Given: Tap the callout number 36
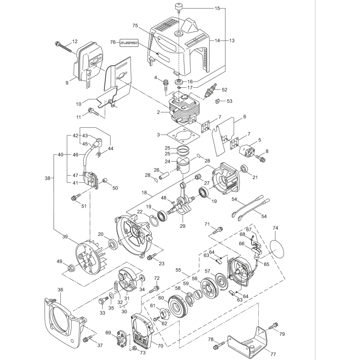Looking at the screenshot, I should (x=60, y=290).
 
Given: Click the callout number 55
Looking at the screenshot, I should (x=178, y=270).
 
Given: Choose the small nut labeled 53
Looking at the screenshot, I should (x=217, y=101).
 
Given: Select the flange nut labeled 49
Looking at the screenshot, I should (x=71, y=269).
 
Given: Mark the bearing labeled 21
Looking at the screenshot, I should (x=244, y=169).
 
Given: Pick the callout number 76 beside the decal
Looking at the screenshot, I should (x=112, y=42).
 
